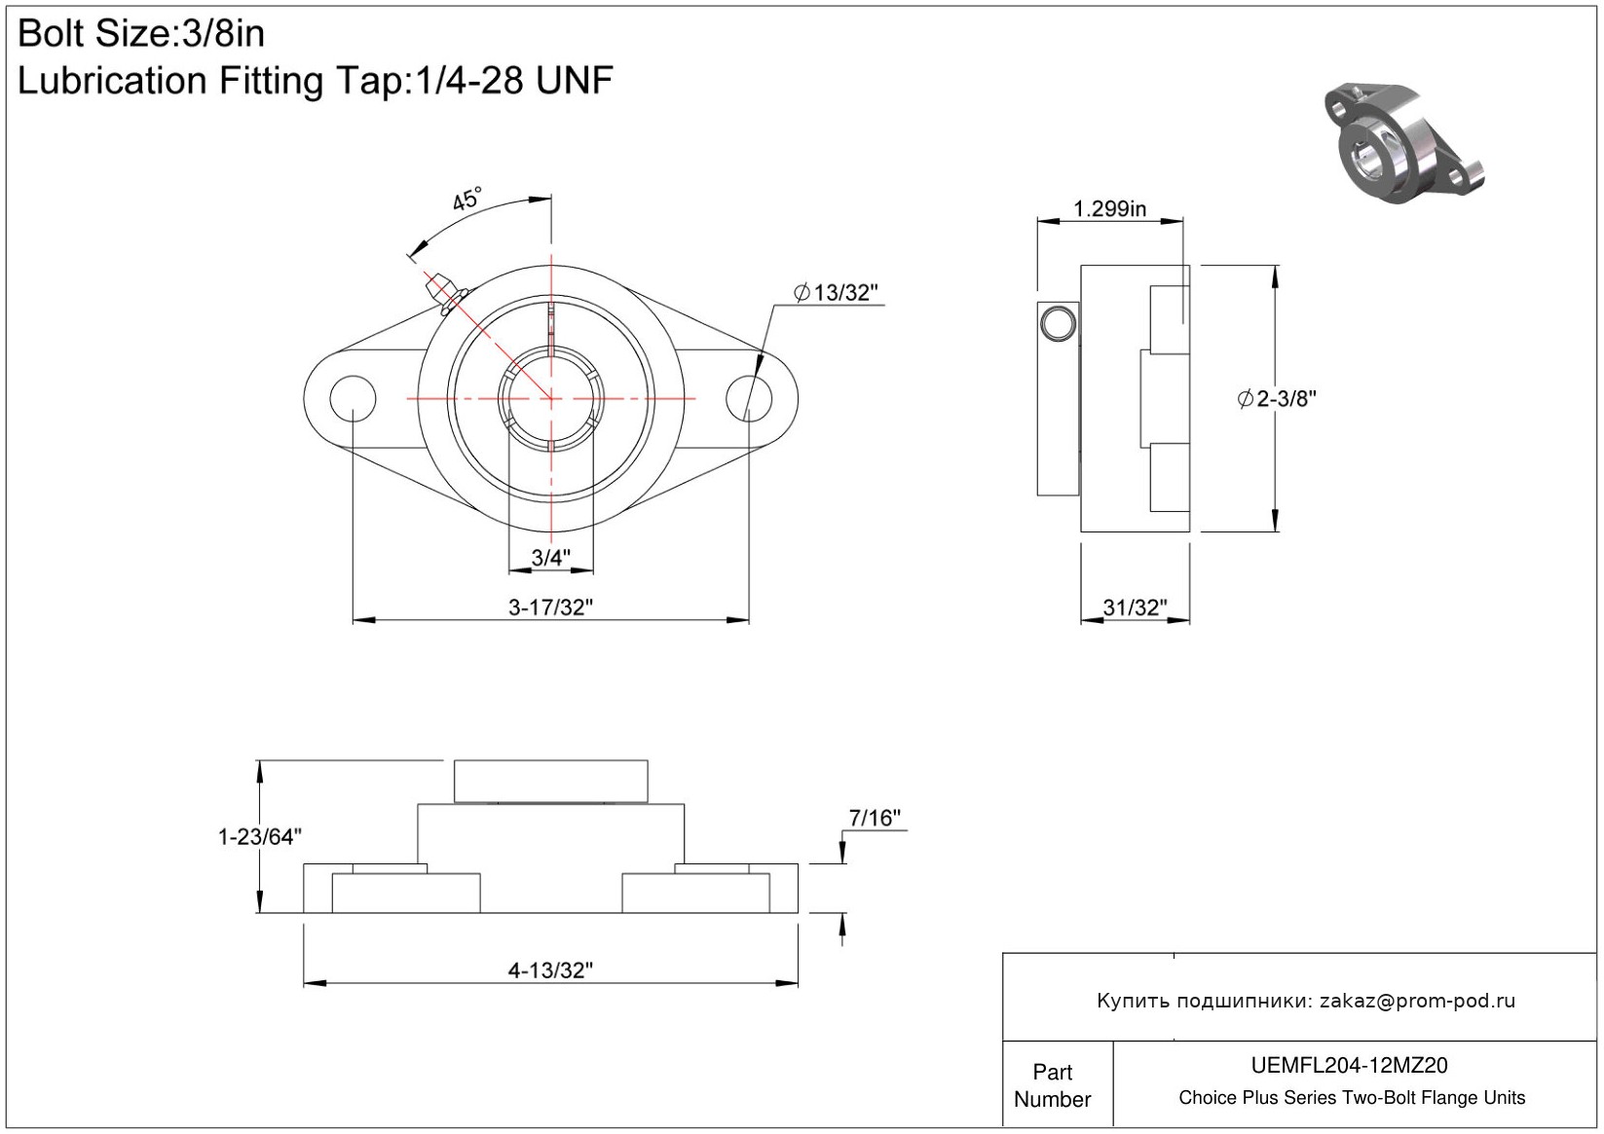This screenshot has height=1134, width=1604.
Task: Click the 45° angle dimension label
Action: point(467,199)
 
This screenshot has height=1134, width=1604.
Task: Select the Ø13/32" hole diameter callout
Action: point(836,292)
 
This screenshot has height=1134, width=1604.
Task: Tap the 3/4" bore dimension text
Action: point(550,557)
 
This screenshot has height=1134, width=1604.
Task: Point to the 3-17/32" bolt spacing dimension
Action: point(550,607)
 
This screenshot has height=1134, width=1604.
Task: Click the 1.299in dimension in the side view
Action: point(1109,208)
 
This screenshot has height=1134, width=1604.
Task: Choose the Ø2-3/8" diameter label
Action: point(1277,399)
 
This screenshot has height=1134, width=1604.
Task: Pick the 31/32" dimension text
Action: point(1135,607)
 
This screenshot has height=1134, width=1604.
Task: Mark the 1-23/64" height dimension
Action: point(260,836)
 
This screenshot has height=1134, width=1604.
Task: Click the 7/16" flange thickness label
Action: point(875,817)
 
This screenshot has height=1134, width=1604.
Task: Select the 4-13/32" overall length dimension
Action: point(550,970)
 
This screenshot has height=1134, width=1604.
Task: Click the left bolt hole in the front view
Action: point(353,398)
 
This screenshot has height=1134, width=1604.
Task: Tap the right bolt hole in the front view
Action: point(749,398)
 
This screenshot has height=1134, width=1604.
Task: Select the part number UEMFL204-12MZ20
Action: point(1349,1065)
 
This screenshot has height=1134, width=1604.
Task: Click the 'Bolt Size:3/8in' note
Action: point(141,33)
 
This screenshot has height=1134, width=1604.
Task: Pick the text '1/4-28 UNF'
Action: point(513,80)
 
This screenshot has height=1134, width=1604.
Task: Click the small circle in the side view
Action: point(1058,323)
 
